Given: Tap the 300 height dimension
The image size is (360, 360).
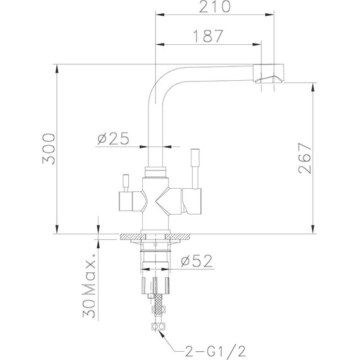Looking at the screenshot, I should pos(49,150).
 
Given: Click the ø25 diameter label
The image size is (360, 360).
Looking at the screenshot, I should pos(114,139).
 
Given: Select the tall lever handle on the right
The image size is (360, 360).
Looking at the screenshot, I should pos(195,167).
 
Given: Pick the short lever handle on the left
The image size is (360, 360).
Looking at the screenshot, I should pos(126,183).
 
